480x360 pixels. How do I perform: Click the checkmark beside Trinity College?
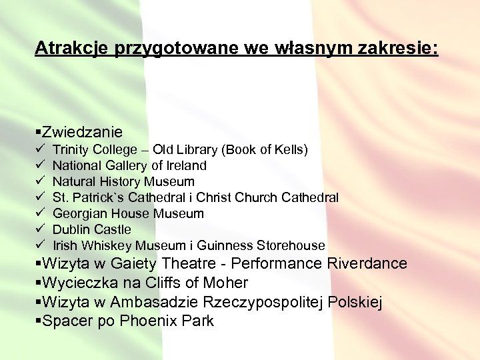click(x=39, y=149)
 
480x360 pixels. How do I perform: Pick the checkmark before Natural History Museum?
click(x=39, y=181)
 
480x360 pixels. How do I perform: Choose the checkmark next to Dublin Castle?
click(x=39, y=229)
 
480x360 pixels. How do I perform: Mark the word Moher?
click(x=225, y=283)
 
